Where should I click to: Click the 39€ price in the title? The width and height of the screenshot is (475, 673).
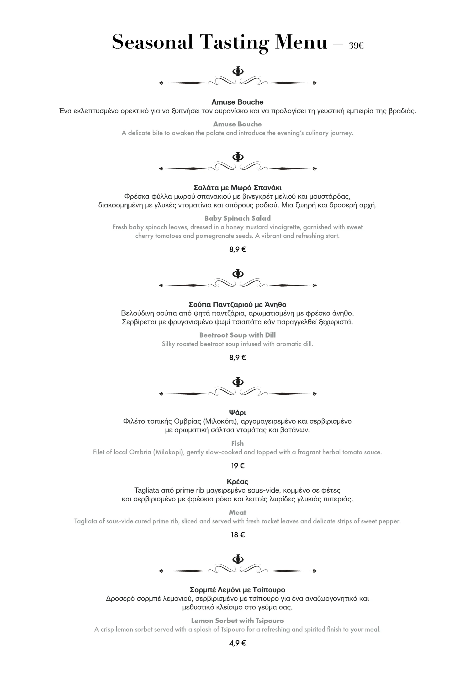tap(356, 45)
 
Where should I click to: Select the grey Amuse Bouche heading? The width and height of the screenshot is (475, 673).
tap(237, 124)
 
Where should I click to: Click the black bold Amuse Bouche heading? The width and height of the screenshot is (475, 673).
tap(237, 102)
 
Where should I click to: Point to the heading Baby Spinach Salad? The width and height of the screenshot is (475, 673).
tap(237, 218)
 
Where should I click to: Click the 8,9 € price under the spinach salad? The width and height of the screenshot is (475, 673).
tap(237, 249)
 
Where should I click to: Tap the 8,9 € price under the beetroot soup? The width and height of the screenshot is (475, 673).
tap(237, 358)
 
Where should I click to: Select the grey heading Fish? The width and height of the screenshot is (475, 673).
tap(237, 443)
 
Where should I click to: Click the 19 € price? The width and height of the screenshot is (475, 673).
tap(237, 466)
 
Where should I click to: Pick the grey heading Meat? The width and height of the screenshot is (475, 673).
tap(237, 512)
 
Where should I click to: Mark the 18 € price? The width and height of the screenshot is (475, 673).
tap(237, 535)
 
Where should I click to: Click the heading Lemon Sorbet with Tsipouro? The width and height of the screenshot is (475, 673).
tap(237, 620)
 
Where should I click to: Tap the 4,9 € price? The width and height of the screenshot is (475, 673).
tap(237, 643)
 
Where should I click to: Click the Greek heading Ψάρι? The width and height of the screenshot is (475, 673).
tap(237, 412)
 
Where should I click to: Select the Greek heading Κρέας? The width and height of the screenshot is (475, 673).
tap(237, 482)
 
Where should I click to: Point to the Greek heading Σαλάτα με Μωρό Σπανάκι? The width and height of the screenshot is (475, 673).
tap(237, 188)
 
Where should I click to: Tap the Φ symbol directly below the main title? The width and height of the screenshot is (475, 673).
tap(238, 71)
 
